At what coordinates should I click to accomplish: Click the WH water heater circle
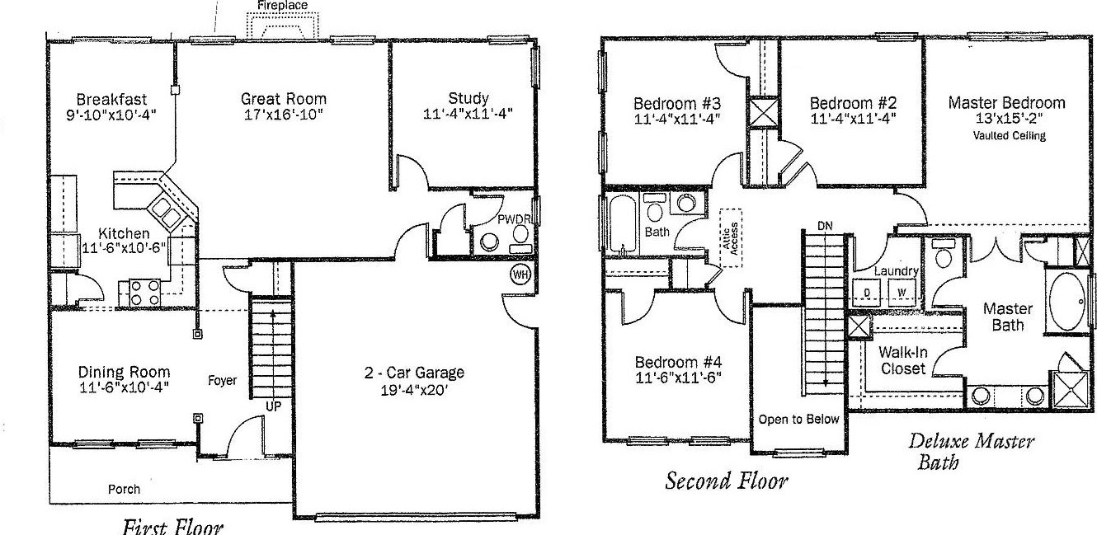(520, 275)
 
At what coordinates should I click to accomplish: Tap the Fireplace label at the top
(283, 6)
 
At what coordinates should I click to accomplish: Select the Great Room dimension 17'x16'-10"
(284, 115)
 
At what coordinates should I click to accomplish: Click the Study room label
(468, 98)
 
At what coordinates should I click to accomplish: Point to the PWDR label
(514, 219)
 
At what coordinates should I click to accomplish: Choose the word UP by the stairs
(273, 406)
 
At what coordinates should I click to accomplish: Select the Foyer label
(222, 380)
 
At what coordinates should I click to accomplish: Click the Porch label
(124, 489)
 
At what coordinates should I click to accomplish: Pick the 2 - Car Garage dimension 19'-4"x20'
(414, 390)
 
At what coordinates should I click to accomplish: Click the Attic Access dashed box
(730, 238)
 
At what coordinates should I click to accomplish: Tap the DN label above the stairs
(825, 226)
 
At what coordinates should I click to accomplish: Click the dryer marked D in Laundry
(866, 292)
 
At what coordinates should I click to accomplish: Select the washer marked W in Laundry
(902, 292)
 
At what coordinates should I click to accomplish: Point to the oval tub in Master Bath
(1066, 302)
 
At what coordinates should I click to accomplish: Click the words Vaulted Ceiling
(1009, 135)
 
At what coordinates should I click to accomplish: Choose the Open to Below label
(798, 419)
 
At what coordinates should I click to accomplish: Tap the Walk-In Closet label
(902, 360)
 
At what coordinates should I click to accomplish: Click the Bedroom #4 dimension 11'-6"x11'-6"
(678, 378)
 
